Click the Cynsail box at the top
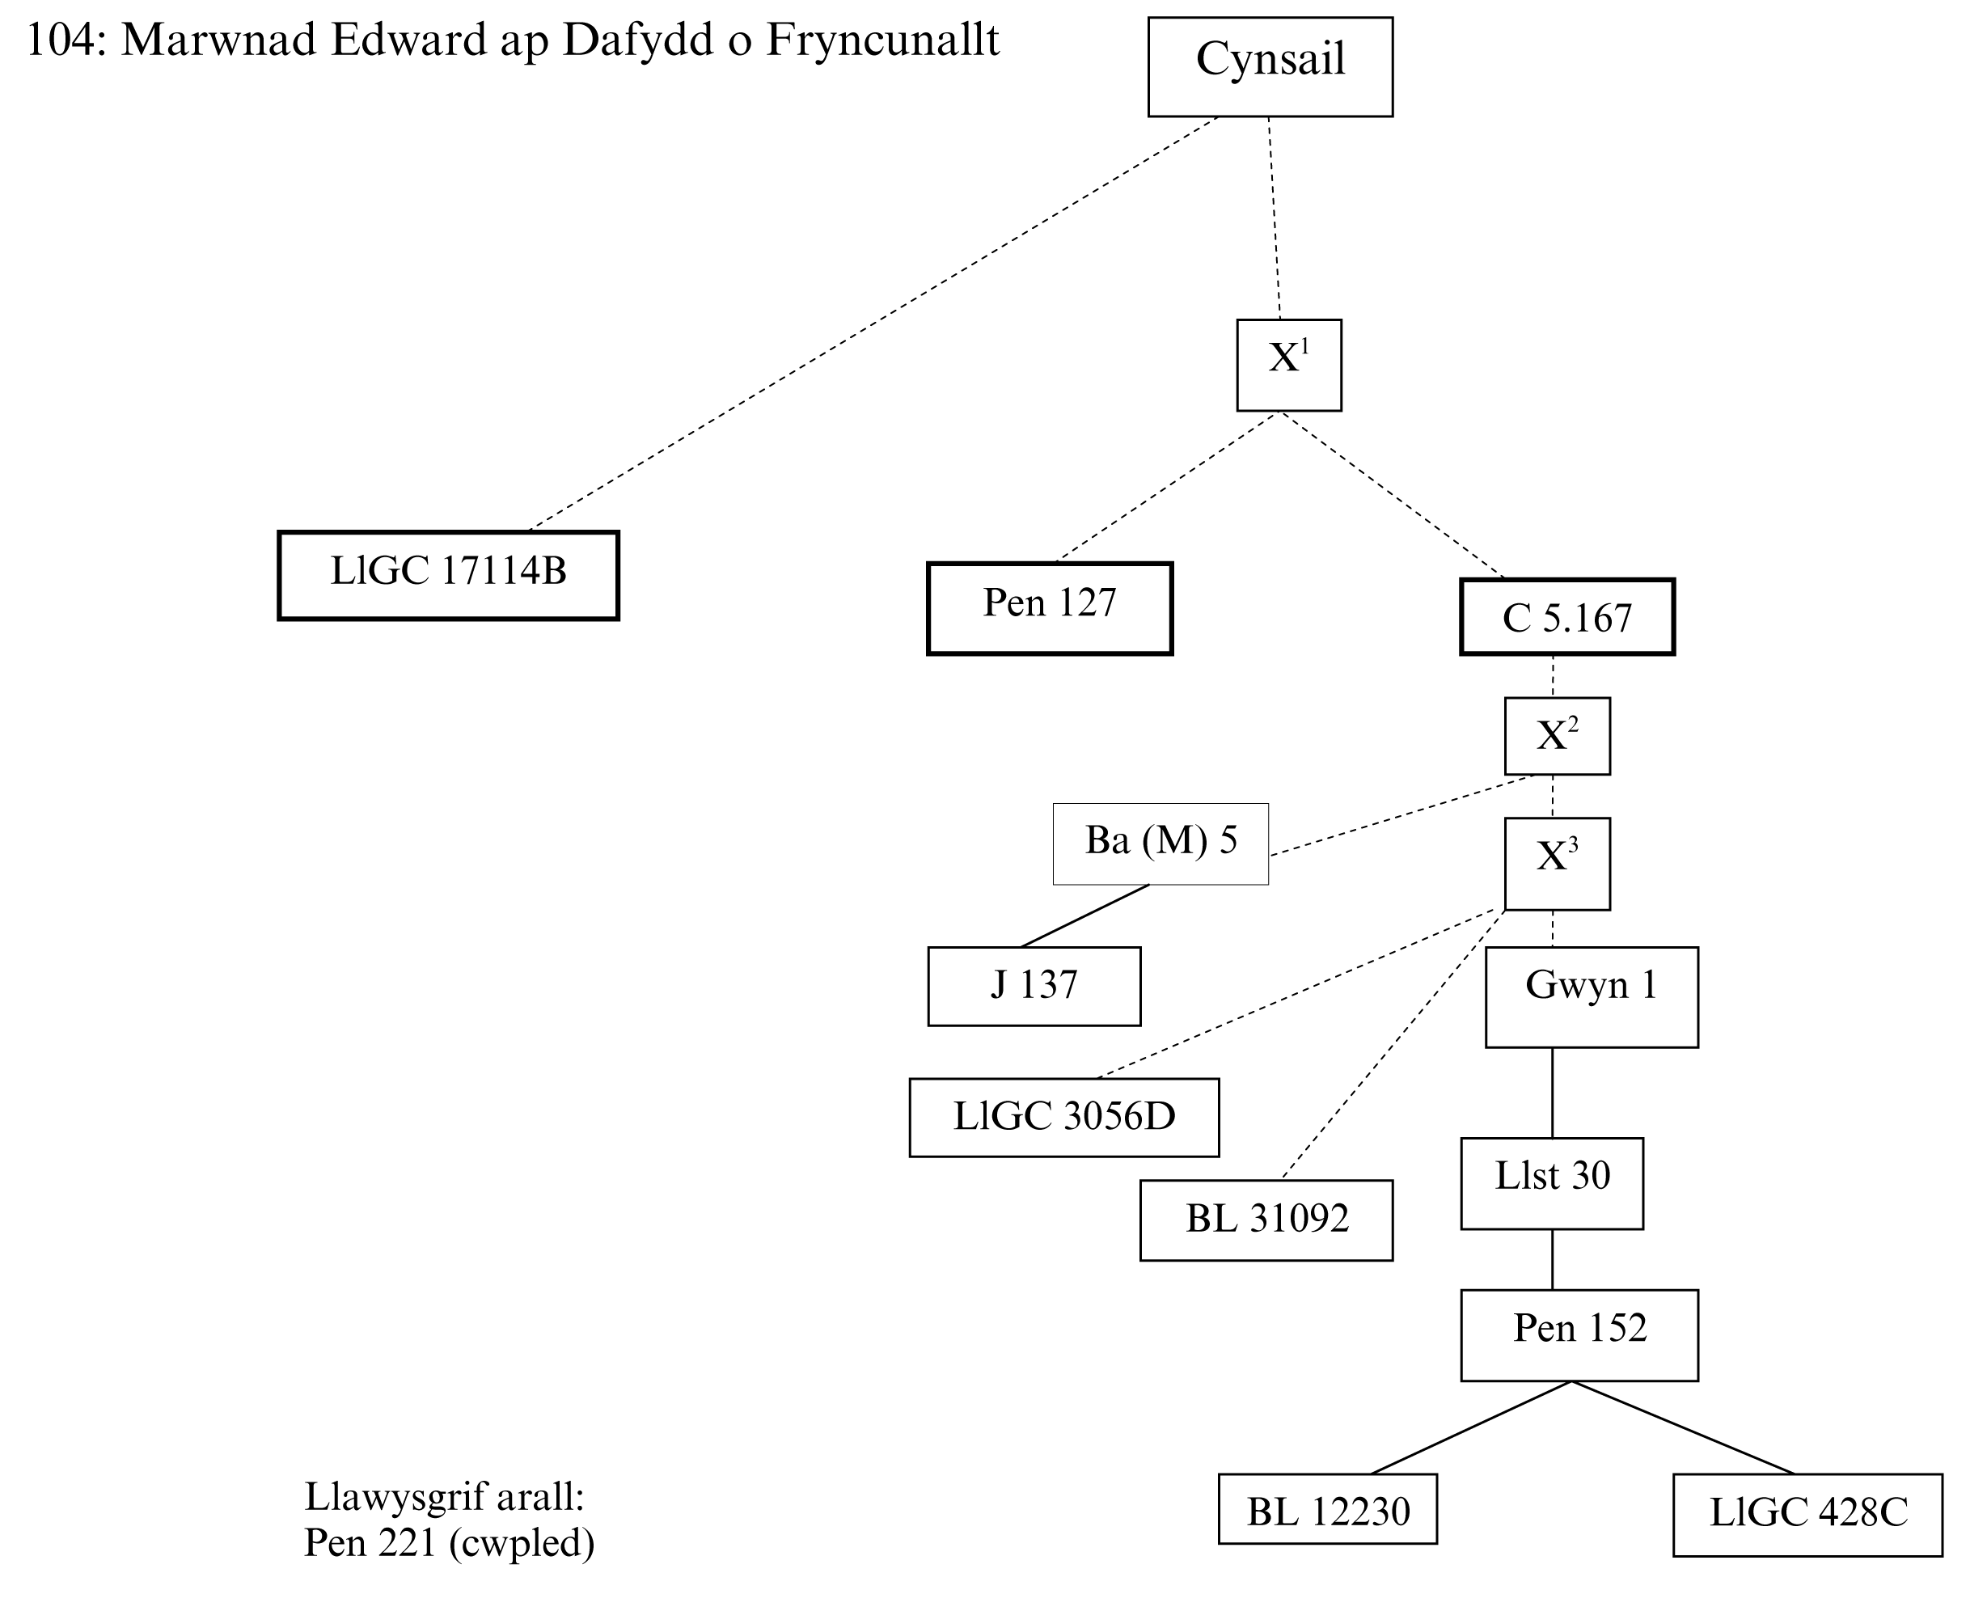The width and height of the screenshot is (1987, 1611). pos(1270,67)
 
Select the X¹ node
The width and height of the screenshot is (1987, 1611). pos(1288,365)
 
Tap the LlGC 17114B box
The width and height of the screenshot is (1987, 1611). pos(448,575)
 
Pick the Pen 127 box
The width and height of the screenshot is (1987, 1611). pos(1050,608)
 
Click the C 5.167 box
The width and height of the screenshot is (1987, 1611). pos(1566,617)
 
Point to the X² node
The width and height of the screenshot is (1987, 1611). pos(1557,736)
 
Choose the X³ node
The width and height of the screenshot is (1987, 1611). pos(1557,863)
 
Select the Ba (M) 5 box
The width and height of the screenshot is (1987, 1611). pos(1160,844)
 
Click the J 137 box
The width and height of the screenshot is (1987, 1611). pos(1034,987)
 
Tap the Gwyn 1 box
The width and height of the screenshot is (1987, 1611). pos(1591,996)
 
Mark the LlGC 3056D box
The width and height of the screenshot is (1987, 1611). pos(1063,1118)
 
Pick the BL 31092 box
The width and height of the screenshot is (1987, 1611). pos(1266,1220)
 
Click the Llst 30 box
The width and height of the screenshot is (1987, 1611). pos(1552,1183)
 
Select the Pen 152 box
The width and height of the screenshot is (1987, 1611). pos(1579,1335)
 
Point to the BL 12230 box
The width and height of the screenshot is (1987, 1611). pos(1327,1509)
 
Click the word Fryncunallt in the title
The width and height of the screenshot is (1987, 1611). pos(881,40)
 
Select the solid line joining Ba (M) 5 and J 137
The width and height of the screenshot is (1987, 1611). pos(1084,916)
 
